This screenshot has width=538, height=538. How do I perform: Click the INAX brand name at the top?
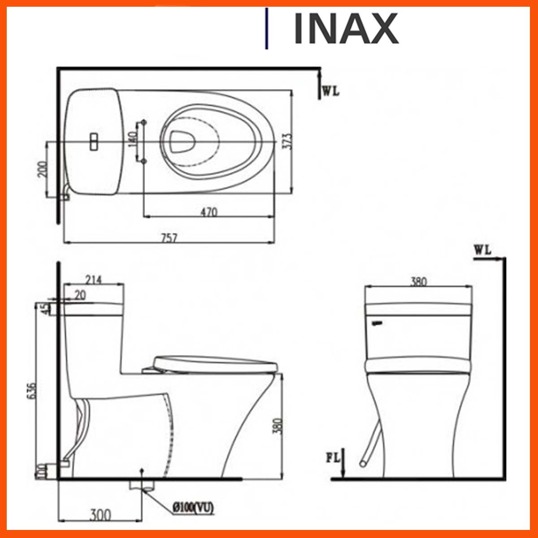345,29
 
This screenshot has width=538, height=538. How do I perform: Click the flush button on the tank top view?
94,142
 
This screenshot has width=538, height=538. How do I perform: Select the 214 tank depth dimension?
93,280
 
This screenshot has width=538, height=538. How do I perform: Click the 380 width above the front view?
418,282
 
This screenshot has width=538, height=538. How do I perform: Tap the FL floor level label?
333,458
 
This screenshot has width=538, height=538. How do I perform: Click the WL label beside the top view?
331,91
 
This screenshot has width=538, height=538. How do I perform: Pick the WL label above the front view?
482,250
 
